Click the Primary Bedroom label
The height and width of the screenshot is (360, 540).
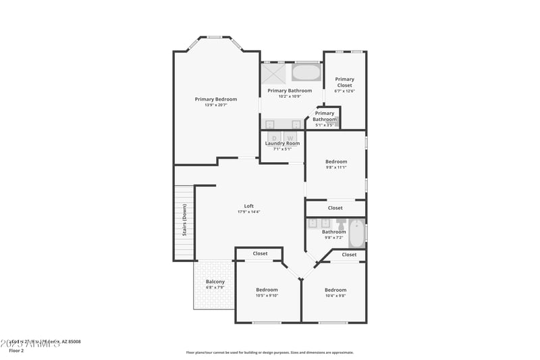click(x=216, y=99)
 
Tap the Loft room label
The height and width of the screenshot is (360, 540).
click(x=248, y=206)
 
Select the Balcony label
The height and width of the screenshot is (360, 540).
click(x=215, y=282)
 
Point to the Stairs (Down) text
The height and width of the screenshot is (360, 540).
click(x=184, y=219)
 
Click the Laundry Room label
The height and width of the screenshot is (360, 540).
click(x=282, y=143)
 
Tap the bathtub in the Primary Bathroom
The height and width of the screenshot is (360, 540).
click(x=306, y=72)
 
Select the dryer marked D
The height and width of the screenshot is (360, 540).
click(x=274, y=138)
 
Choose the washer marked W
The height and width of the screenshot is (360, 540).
click(x=291, y=138)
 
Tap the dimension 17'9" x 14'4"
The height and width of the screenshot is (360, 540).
click(x=248, y=212)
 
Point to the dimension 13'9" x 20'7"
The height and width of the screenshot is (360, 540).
click(x=216, y=105)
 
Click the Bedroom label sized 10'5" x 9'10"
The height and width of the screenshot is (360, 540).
click(x=267, y=290)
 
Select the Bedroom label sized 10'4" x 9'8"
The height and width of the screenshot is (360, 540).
click(x=335, y=290)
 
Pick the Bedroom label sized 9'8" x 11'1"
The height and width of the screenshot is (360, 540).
click(x=336, y=161)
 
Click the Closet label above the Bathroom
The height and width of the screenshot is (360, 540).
click(x=335, y=208)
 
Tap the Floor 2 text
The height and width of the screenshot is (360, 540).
click(x=16, y=351)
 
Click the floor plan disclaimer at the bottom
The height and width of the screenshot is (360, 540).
click(x=270, y=352)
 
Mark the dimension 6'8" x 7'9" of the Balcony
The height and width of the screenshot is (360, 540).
click(x=215, y=287)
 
